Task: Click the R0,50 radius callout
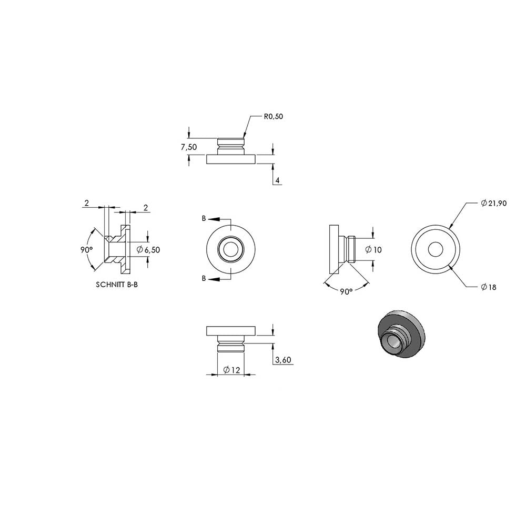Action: tap(274, 116)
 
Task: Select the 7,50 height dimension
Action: tap(189, 147)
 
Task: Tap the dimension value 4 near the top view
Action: tap(277, 180)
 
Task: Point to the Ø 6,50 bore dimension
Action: tap(148, 249)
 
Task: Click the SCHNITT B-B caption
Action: tap(117, 285)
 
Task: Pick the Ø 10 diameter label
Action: tap(373, 249)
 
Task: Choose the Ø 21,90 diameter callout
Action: tap(493, 203)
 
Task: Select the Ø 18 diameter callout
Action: tap(488, 287)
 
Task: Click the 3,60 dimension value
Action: tap(283, 360)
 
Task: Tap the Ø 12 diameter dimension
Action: tap(231, 370)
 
